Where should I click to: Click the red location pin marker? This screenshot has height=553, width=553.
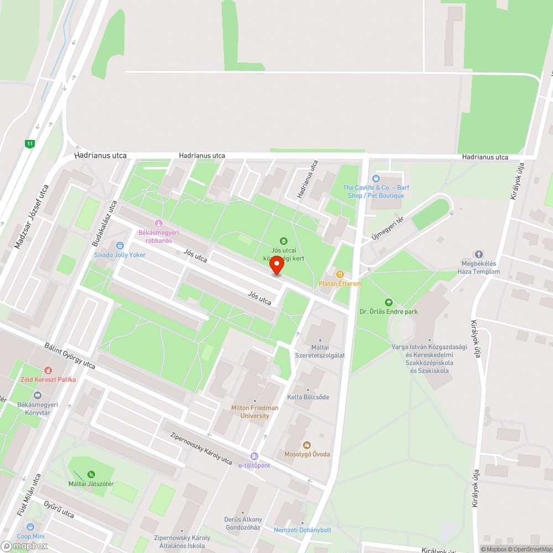click(276, 266)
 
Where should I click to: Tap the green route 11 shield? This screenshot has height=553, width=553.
click(30, 144)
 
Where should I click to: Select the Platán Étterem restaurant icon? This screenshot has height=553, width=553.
click(340, 274)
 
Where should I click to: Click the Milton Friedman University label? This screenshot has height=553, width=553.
click(254, 411)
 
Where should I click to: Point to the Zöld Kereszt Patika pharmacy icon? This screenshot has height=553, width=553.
click(48, 370)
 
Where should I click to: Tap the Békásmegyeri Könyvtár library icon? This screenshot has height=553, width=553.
click(38, 395)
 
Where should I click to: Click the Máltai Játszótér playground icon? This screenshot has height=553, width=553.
click(91, 474)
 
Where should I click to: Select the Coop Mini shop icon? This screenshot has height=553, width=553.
click(30, 526)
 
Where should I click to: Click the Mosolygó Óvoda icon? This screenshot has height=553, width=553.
click(307, 445)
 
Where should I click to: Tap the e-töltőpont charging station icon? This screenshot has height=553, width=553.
click(254, 456)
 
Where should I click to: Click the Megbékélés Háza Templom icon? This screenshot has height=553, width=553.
click(479, 254)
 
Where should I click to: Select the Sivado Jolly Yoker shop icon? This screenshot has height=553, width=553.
click(120, 246)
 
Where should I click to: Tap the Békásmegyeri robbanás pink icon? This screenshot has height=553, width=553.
click(159, 223)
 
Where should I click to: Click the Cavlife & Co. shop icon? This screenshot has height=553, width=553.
click(376, 178)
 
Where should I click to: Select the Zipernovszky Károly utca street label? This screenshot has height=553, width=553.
click(201, 448)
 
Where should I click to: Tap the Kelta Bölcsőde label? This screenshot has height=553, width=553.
click(308, 397)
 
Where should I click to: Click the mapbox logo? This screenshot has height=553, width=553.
click(24, 545)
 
